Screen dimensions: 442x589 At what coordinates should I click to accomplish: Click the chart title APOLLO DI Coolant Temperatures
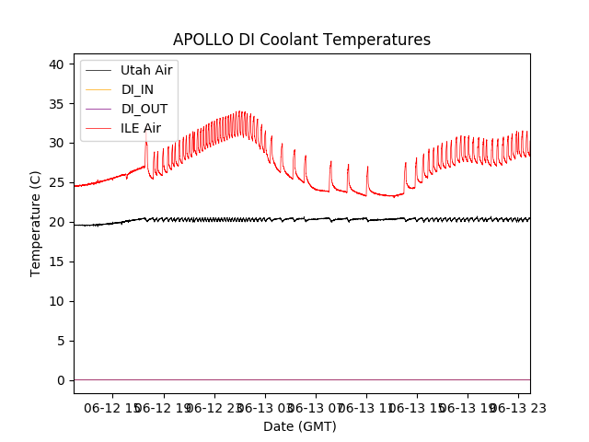coord(302,40)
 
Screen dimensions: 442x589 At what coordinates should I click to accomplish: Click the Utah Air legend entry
coord(146,70)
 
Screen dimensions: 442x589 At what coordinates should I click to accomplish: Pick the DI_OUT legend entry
coord(144,109)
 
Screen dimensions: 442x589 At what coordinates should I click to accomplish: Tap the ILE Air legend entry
coord(141,128)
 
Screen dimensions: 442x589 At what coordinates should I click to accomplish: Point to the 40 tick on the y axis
coord(57,64)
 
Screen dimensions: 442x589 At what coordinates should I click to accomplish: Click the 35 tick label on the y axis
coord(57,104)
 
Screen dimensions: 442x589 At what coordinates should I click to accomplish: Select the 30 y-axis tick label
coord(57,144)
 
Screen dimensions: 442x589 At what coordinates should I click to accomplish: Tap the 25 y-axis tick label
coord(57,183)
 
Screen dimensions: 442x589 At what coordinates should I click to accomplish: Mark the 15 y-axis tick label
coord(57,262)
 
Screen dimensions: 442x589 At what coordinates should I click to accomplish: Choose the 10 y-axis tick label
coord(57,301)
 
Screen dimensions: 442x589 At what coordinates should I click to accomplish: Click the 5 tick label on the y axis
coord(61,341)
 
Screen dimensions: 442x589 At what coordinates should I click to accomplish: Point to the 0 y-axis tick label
coord(61,380)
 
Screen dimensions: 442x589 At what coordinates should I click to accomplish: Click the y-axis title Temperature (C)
coord(36,223)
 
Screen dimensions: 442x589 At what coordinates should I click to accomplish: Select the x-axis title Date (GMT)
coord(300,426)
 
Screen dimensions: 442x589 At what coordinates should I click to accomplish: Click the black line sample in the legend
coord(98,70)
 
